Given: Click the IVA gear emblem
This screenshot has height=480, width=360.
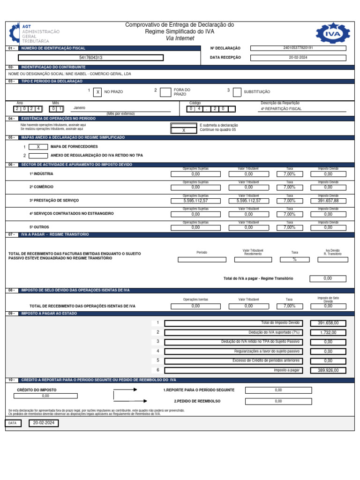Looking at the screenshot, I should (x=332, y=34).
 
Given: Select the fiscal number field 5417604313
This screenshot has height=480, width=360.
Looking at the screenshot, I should (x=91, y=58).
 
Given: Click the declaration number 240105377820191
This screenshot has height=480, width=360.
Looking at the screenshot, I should (x=299, y=48).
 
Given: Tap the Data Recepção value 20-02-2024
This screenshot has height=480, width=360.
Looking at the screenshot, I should (x=299, y=57).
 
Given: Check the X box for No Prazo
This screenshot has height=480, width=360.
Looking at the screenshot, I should (x=97, y=92).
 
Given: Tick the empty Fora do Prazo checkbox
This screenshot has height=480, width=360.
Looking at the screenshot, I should (x=165, y=92).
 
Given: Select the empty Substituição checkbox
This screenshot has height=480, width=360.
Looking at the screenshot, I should (x=237, y=92).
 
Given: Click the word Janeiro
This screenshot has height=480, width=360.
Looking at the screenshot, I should (x=80, y=108).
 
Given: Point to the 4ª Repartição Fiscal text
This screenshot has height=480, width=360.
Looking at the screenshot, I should (x=281, y=109).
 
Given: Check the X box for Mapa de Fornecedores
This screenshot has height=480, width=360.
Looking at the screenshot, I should (x=38, y=147).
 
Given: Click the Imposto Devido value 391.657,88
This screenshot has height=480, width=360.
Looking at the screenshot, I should (x=328, y=201).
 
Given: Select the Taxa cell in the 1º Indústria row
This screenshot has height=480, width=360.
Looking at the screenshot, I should (x=289, y=174).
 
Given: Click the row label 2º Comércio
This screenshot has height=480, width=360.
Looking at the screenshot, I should (x=42, y=187).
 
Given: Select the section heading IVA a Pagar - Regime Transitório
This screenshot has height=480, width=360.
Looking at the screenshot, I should (x=55, y=234).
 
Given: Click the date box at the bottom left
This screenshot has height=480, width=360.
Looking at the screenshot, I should (x=44, y=423).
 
